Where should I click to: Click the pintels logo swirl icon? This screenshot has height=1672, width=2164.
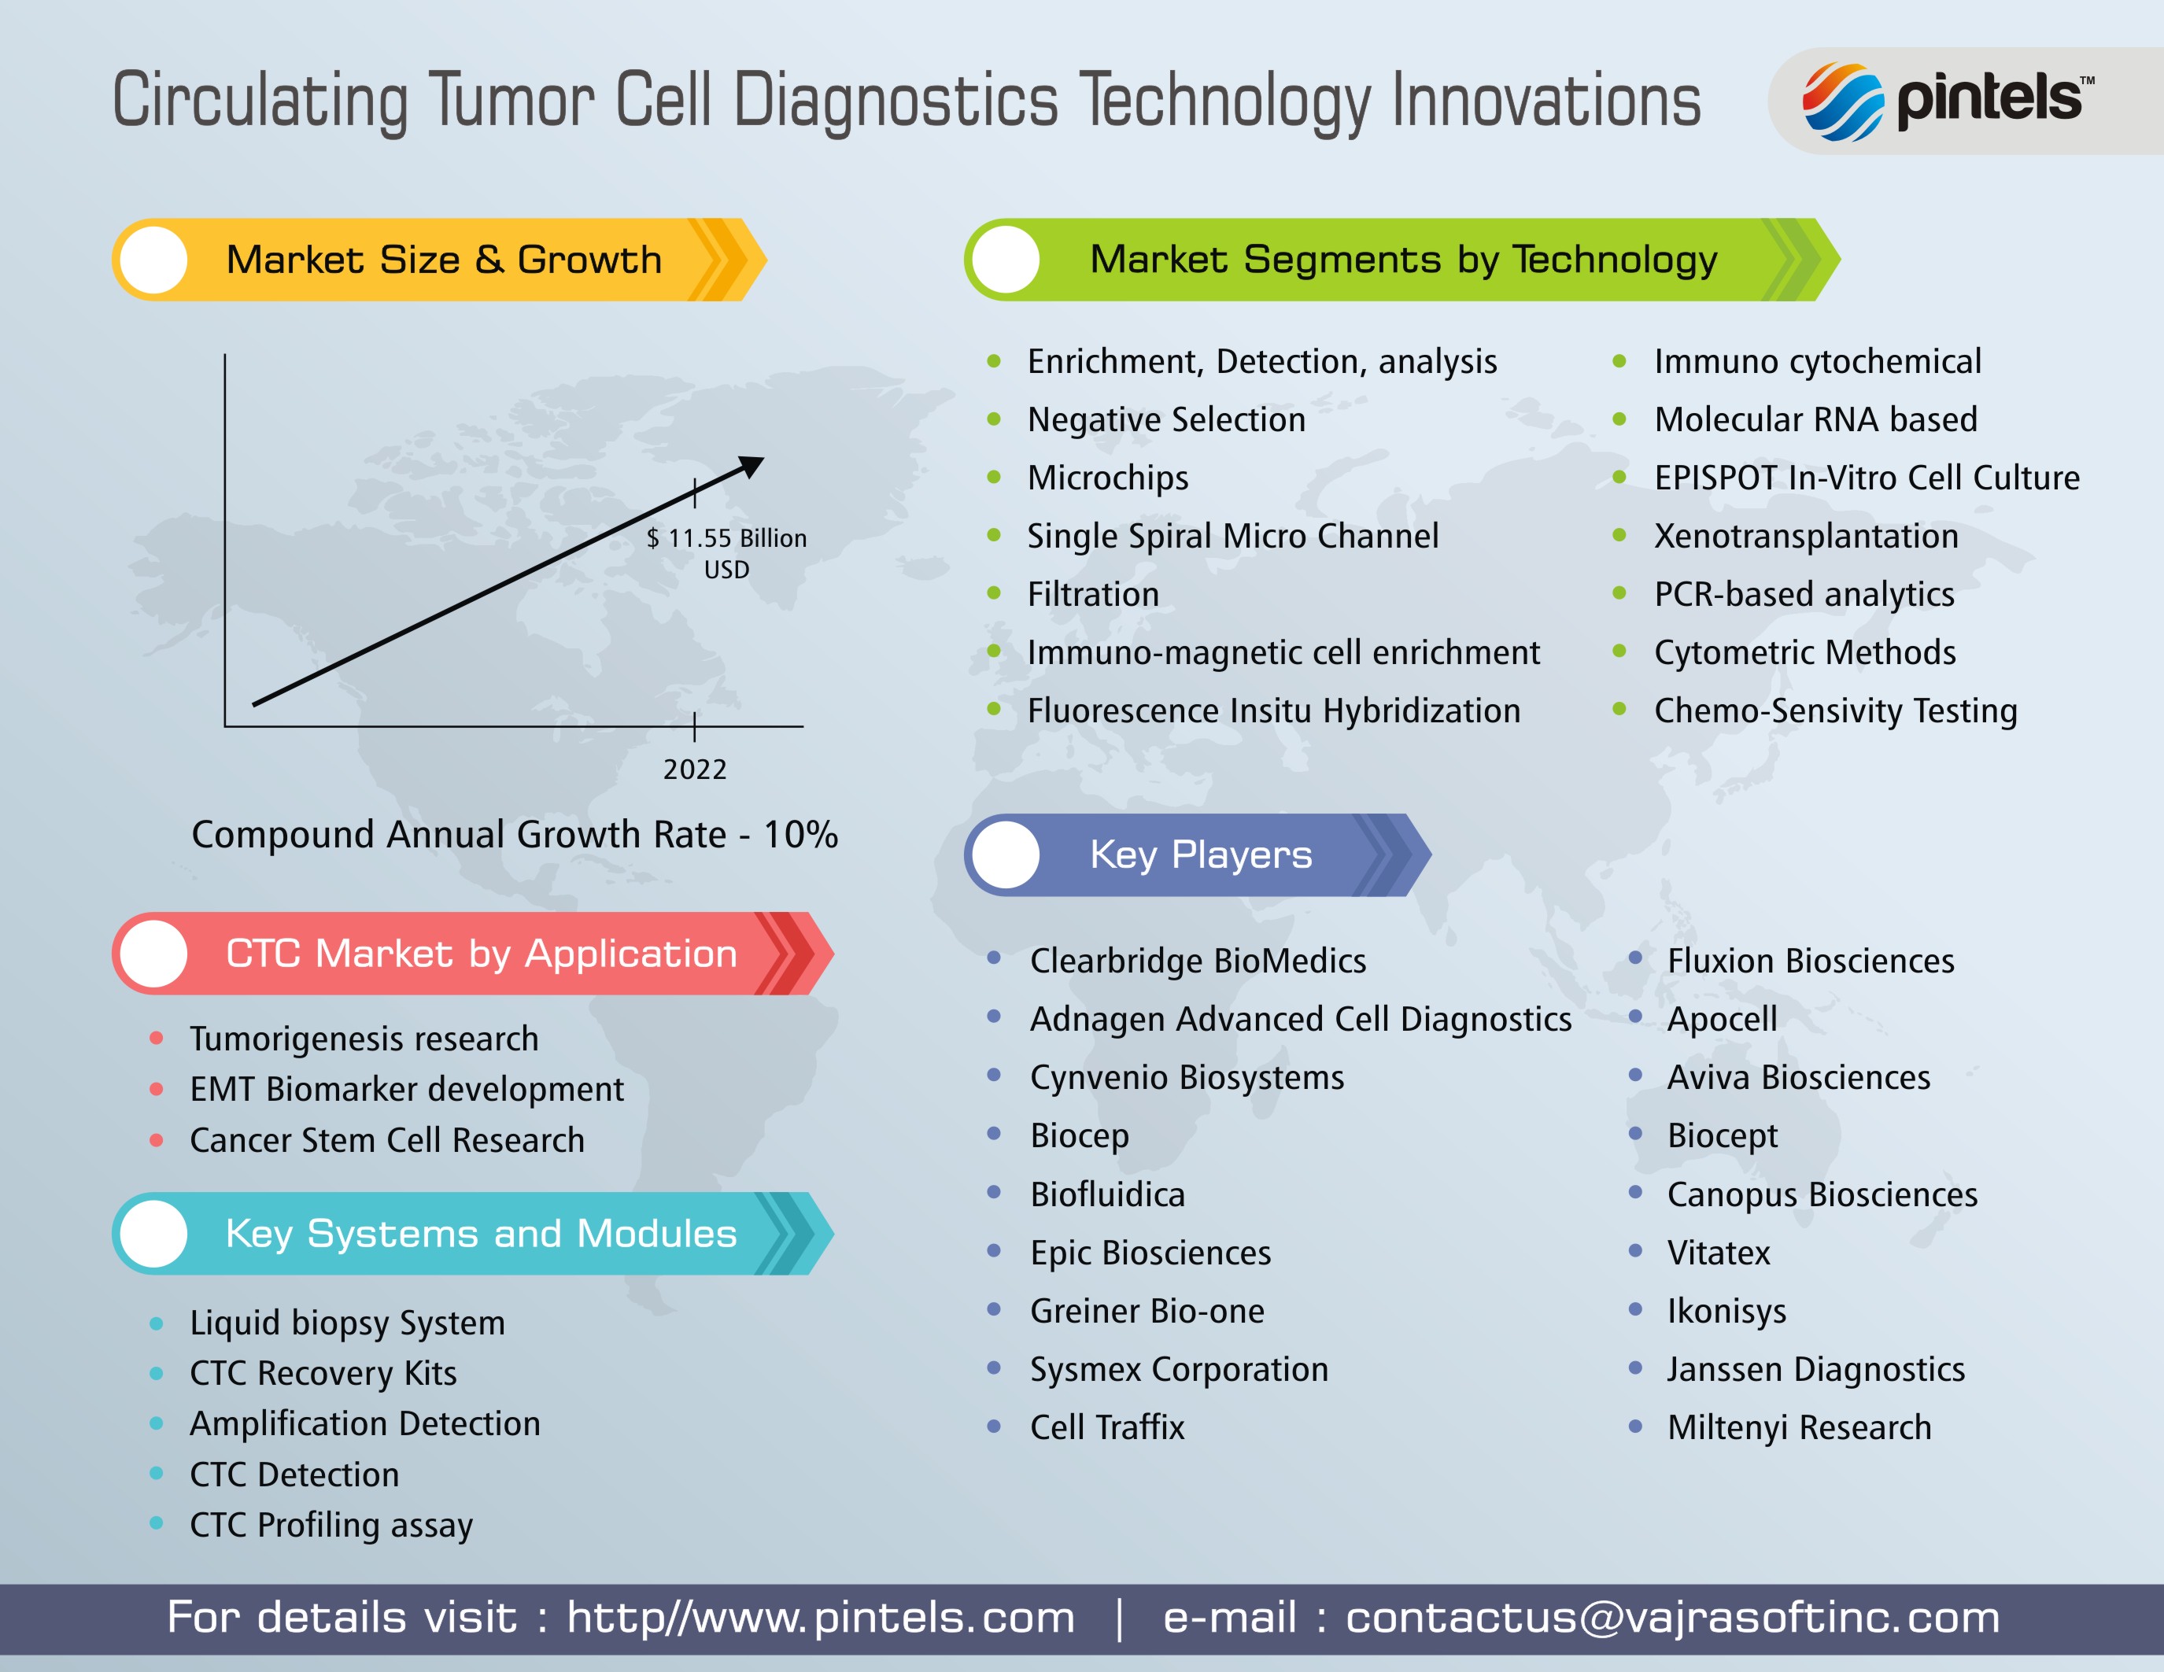1842,102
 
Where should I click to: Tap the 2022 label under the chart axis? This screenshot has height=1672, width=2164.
695,770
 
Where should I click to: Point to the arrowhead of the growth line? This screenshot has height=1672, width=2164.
752,466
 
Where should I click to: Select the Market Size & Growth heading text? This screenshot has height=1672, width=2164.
444,260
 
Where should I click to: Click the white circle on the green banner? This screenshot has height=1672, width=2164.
1006,260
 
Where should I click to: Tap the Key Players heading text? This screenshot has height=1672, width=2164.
1201,854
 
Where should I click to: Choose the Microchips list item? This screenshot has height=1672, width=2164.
1108,478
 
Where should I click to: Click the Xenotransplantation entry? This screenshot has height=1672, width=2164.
1806,536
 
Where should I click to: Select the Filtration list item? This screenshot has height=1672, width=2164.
1093,594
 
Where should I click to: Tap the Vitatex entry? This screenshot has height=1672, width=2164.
1718,1253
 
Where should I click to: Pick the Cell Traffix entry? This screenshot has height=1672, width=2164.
1106,1427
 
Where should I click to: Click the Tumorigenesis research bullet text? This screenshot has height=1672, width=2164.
364,1039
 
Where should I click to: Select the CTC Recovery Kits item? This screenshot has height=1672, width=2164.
323,1374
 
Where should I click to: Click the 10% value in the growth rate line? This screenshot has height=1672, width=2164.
800,835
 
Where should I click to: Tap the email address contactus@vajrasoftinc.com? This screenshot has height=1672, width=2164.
1672,1618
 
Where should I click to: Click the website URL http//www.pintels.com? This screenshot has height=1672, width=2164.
821,1618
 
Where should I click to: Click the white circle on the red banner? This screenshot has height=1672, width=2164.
153,954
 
